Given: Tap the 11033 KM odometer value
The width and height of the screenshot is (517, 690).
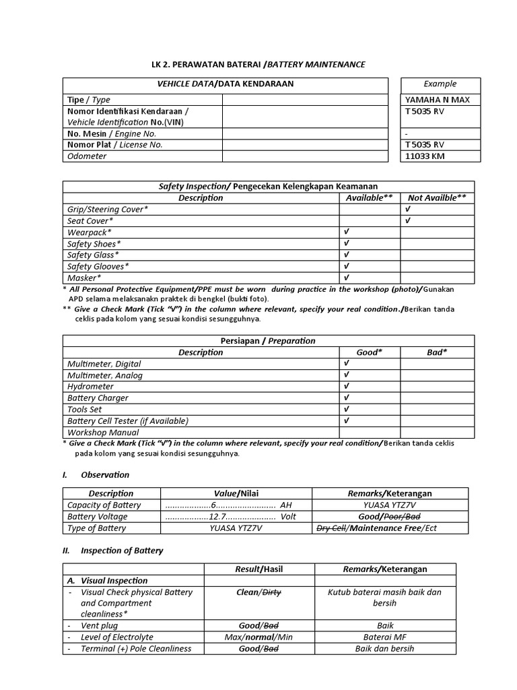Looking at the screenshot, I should (x=425, y=156).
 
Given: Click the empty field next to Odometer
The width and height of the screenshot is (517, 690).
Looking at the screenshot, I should (x=305, y=156).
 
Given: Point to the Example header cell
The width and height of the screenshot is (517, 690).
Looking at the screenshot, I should (x=440, y=84).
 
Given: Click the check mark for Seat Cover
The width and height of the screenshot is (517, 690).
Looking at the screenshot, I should (x=407, y=221).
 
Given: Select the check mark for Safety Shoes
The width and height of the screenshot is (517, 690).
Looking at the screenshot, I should (x=346, y=244).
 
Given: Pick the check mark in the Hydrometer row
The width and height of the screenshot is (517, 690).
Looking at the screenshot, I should (x=346, y=387).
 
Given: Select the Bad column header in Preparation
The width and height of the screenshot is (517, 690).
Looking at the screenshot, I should (x=437, y=352).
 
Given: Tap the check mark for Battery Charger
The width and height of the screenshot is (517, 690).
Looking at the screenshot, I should (x=346, y=398).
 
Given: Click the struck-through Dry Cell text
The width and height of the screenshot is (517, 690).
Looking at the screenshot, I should (x=331, y=528).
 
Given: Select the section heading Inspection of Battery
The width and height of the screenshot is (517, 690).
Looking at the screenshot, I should (x=122, y=551).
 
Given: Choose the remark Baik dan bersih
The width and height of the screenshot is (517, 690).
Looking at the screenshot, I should (x=384, y=649).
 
